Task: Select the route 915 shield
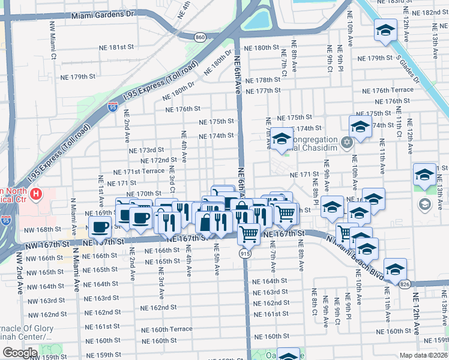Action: (245, 254)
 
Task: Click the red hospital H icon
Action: (37, 194)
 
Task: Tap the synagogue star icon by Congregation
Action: (346, 143)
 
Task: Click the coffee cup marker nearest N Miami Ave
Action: (99, 226)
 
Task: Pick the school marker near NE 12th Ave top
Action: (385, 29)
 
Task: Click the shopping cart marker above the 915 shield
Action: (249, 233)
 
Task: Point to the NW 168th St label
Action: (43, 229)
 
